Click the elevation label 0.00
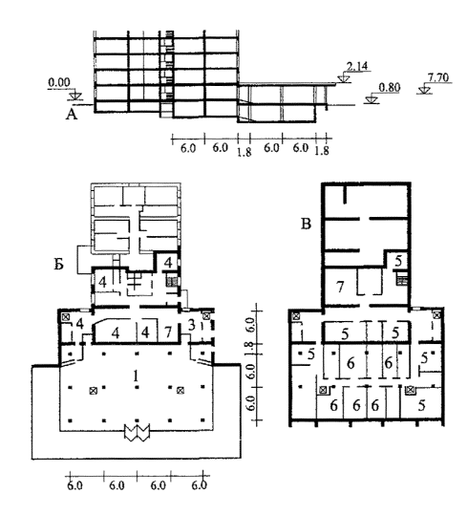(59, 82)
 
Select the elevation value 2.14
(357, 66)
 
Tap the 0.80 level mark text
(389, 87)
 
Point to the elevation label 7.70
(438, 77)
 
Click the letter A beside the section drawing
(72, 115)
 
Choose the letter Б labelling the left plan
(59, 265)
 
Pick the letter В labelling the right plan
(306, 225)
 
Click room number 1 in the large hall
(135, 376)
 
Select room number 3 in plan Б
(193, 325)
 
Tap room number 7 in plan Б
(168, 333)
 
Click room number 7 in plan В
(340, 287)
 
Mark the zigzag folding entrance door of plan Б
(137, 432)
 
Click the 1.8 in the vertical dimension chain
(250, 350)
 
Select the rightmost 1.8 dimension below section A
(322, 150)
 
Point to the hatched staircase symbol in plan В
(402, 281)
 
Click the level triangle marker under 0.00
(74, 96)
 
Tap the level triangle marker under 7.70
(424, 90)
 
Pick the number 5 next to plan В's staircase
(398, 261)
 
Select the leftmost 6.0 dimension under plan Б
(75, 485)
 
